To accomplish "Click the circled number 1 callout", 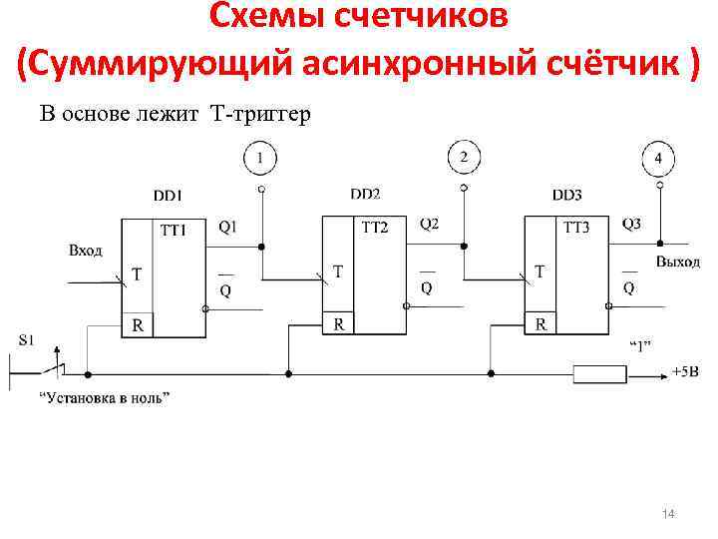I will click(260, 158).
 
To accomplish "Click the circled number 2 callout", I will click(462, 157).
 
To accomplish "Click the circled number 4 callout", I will click(658, 159).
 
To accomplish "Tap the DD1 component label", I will click(168, 196).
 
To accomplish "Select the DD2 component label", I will click(366, 194).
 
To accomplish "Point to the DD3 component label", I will click(566, 194).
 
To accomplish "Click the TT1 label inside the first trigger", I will click(174, 231).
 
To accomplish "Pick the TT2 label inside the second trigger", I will click(374, 228).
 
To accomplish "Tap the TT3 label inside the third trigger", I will click(576, 228).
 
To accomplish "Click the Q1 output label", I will click(228, 227).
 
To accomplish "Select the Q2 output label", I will click(429, 224).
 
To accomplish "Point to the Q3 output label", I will click(631, 224).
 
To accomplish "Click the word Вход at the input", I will click(86, 250).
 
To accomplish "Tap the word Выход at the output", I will click(678, 262).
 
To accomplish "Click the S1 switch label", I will click(27, 339).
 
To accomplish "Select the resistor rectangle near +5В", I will click(600, 374).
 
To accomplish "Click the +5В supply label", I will click(685, 371).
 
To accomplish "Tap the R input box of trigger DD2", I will click(340, 323).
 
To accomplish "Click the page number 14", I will click(669, 513).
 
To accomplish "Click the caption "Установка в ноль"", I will click(105, 398).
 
